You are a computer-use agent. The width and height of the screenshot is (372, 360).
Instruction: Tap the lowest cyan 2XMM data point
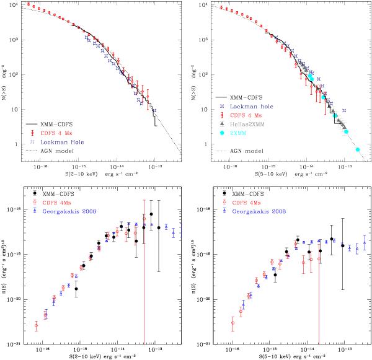point(358,149)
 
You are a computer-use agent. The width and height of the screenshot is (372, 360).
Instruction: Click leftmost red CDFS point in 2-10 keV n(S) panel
point(36,325)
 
